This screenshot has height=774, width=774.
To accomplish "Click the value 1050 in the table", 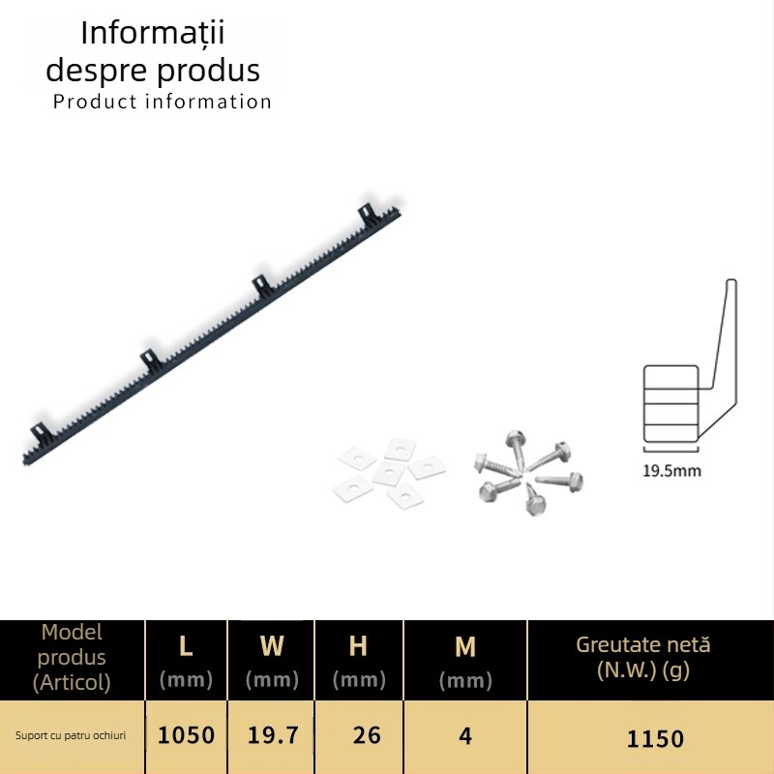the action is [186, 735].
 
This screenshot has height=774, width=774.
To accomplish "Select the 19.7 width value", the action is [273, 735].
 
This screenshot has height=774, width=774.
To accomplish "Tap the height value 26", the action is [367, 735].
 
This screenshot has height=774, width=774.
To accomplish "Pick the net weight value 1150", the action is [655, 739].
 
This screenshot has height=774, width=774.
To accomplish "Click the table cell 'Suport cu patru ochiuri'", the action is [71, 735].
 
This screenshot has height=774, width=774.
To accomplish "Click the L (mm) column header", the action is [186, 662].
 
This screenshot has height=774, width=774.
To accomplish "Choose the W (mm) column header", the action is [272, 662].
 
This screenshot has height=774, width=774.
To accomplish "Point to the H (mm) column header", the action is [359, 662].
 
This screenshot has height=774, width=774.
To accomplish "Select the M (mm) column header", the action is [465, 662].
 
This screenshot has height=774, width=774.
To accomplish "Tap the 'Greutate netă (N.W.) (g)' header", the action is [643, 658].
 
